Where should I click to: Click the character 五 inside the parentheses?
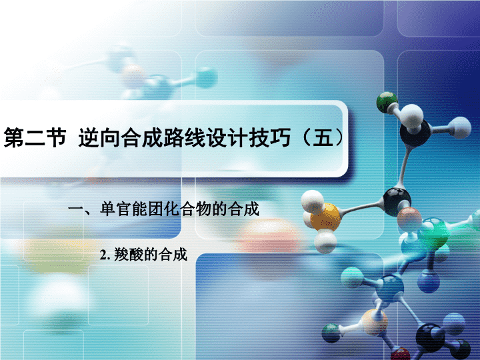point(323,138)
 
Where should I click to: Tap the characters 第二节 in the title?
point(35,138)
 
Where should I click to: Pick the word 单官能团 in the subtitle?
point(131,209)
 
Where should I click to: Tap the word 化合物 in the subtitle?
point(187,209)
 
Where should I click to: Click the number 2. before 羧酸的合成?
point(105,255)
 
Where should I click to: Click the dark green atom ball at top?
point(387,102)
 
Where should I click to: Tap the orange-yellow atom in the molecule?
point(326,217)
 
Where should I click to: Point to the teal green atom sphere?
point(433,233)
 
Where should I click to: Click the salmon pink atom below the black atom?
point(409,219)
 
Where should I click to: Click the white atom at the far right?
point(460,127)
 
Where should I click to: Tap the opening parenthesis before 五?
point(307,138)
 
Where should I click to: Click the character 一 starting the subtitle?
point(75,210)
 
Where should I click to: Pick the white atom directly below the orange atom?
point(325,242)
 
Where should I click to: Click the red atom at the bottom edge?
point(401,355)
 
